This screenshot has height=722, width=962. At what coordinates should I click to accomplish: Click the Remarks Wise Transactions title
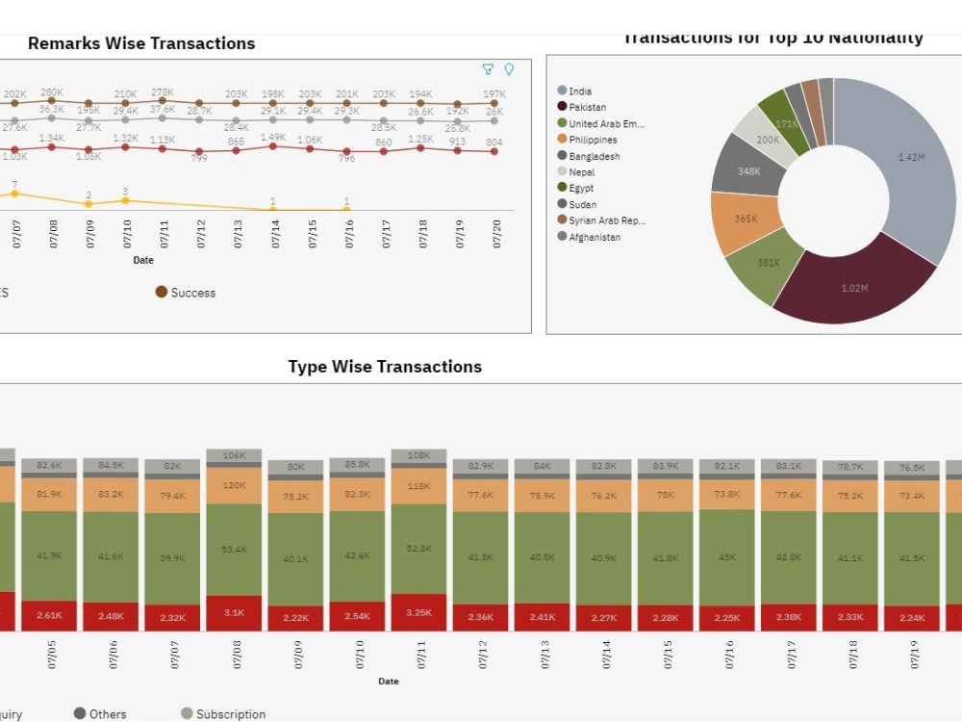[x=141, y=43]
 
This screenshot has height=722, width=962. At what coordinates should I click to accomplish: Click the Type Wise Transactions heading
[x=385, y=367]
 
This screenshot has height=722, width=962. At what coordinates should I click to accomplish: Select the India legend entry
[x=580, y=91]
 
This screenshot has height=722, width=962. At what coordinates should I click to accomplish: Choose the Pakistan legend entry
[x=587, y=108]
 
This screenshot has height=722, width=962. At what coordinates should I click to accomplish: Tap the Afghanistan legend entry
[x=594, y=237]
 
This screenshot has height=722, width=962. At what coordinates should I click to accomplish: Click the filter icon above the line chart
[x=488, y=69]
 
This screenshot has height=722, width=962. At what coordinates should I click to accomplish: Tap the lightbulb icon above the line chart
[x=509, y=69]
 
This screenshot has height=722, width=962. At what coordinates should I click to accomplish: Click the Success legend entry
[x=192, y=293]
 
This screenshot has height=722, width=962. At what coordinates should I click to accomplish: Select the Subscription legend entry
[x=230, y=714]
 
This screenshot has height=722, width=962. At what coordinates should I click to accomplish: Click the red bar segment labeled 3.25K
[x=419, y=612]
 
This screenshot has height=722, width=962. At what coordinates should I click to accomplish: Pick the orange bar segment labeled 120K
[x=235, y=486]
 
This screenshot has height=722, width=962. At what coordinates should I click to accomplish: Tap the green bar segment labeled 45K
[x=727, y=556]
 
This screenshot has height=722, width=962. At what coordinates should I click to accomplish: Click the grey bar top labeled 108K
[x=419, y=455]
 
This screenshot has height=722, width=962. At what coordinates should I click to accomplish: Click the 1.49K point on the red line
[x=273, y=145]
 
